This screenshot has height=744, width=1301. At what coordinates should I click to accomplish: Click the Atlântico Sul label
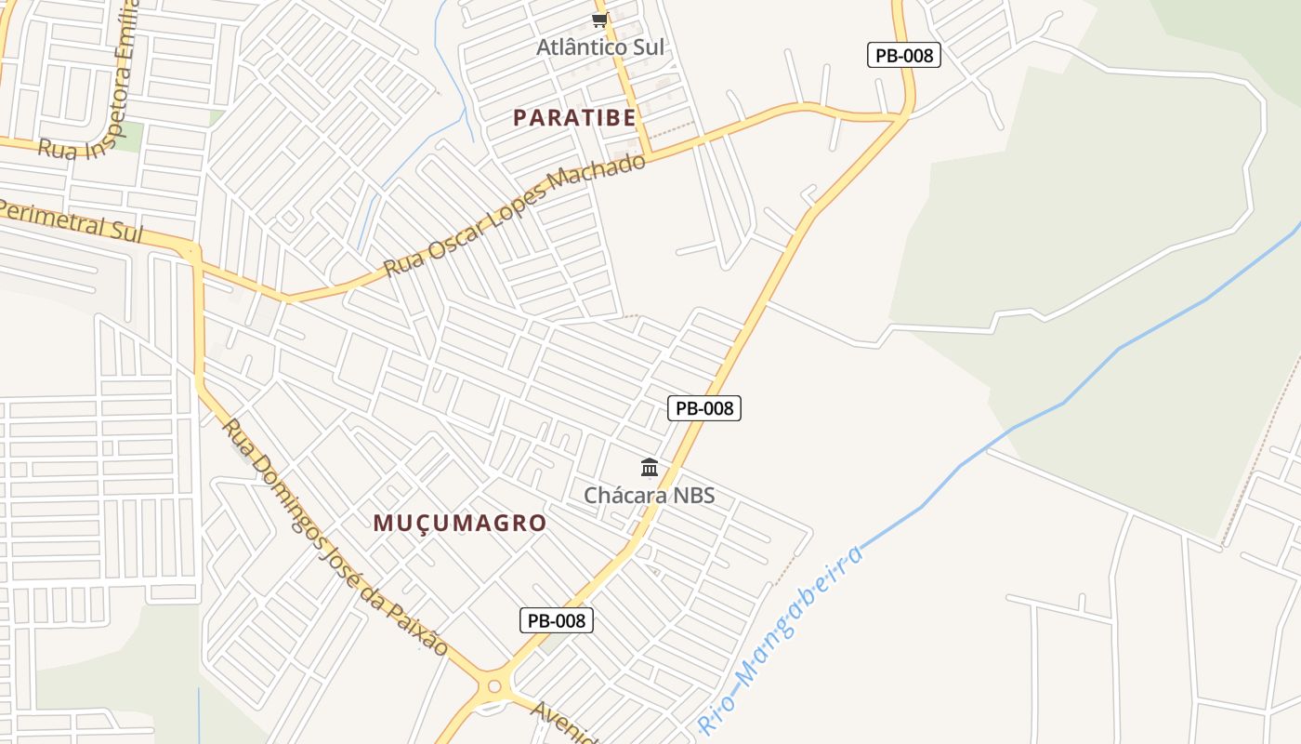click(x=600, y=46)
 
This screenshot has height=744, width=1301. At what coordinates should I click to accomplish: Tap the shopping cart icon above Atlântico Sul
click(x=599, y=20)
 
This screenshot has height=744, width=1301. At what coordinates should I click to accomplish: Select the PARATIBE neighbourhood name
click(x=575, y=118)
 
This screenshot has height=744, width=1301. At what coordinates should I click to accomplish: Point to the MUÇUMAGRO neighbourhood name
click(x=460, y=523)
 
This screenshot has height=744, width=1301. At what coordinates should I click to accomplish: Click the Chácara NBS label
click(x=650, y=495)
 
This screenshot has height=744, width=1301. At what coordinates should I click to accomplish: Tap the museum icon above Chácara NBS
click(x=650, y=467)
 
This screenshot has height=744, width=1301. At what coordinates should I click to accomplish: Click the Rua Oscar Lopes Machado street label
click(x=515, y=215)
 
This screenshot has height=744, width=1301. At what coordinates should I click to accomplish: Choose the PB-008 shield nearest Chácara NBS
click(x=704, y=407)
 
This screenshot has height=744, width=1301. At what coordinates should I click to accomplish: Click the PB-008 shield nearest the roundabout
click(x=556, y=620)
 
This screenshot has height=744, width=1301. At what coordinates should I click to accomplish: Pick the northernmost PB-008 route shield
click(x=904, y=55)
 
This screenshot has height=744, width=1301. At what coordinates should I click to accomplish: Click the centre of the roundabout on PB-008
click(x=493, y=689)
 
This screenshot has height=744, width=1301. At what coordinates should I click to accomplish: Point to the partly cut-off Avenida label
click(x=563, y=724)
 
